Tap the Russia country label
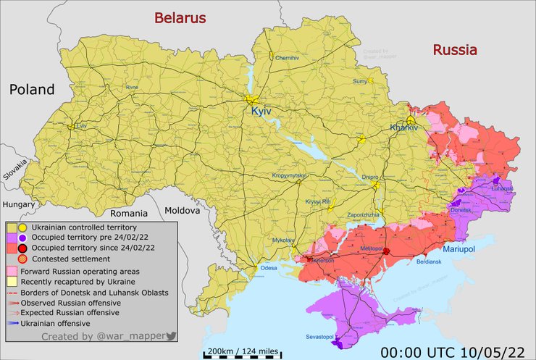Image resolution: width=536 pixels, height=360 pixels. pos(455,50)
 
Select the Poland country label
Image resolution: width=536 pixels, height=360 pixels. pos(31,90)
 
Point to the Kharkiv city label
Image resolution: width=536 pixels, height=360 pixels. pos(404,127)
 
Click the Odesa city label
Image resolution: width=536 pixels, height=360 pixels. pos(269,268)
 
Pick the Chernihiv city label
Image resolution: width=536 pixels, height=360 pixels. pos(287,57)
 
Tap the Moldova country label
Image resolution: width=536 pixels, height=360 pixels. pos(182,210)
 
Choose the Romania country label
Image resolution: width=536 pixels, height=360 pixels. pos(128,214)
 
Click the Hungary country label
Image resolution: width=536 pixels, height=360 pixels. pos(19,205)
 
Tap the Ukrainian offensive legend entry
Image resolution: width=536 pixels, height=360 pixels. pos(55,323)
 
